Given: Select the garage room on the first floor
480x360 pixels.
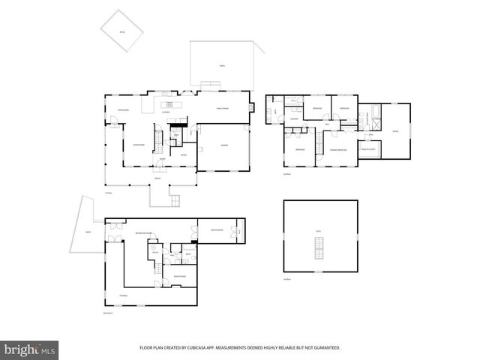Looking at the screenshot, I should point(224,146).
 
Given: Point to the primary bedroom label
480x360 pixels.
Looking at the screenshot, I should point(340,151).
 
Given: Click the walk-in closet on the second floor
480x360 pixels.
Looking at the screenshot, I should point(370,149).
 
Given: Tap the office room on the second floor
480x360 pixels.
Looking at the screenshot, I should point(395,131).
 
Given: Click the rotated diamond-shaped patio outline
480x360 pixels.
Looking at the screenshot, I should point(122,28).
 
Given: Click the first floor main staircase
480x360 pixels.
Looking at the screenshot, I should point(158,139).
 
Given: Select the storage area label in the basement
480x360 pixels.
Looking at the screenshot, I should point(122,296).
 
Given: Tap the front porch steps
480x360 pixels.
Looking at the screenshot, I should point(175,200).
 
